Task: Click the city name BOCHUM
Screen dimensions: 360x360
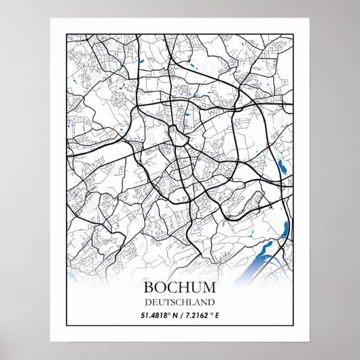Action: click(x=180, y=280)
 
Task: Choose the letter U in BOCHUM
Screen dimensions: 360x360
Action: click(x=196, y=280)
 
